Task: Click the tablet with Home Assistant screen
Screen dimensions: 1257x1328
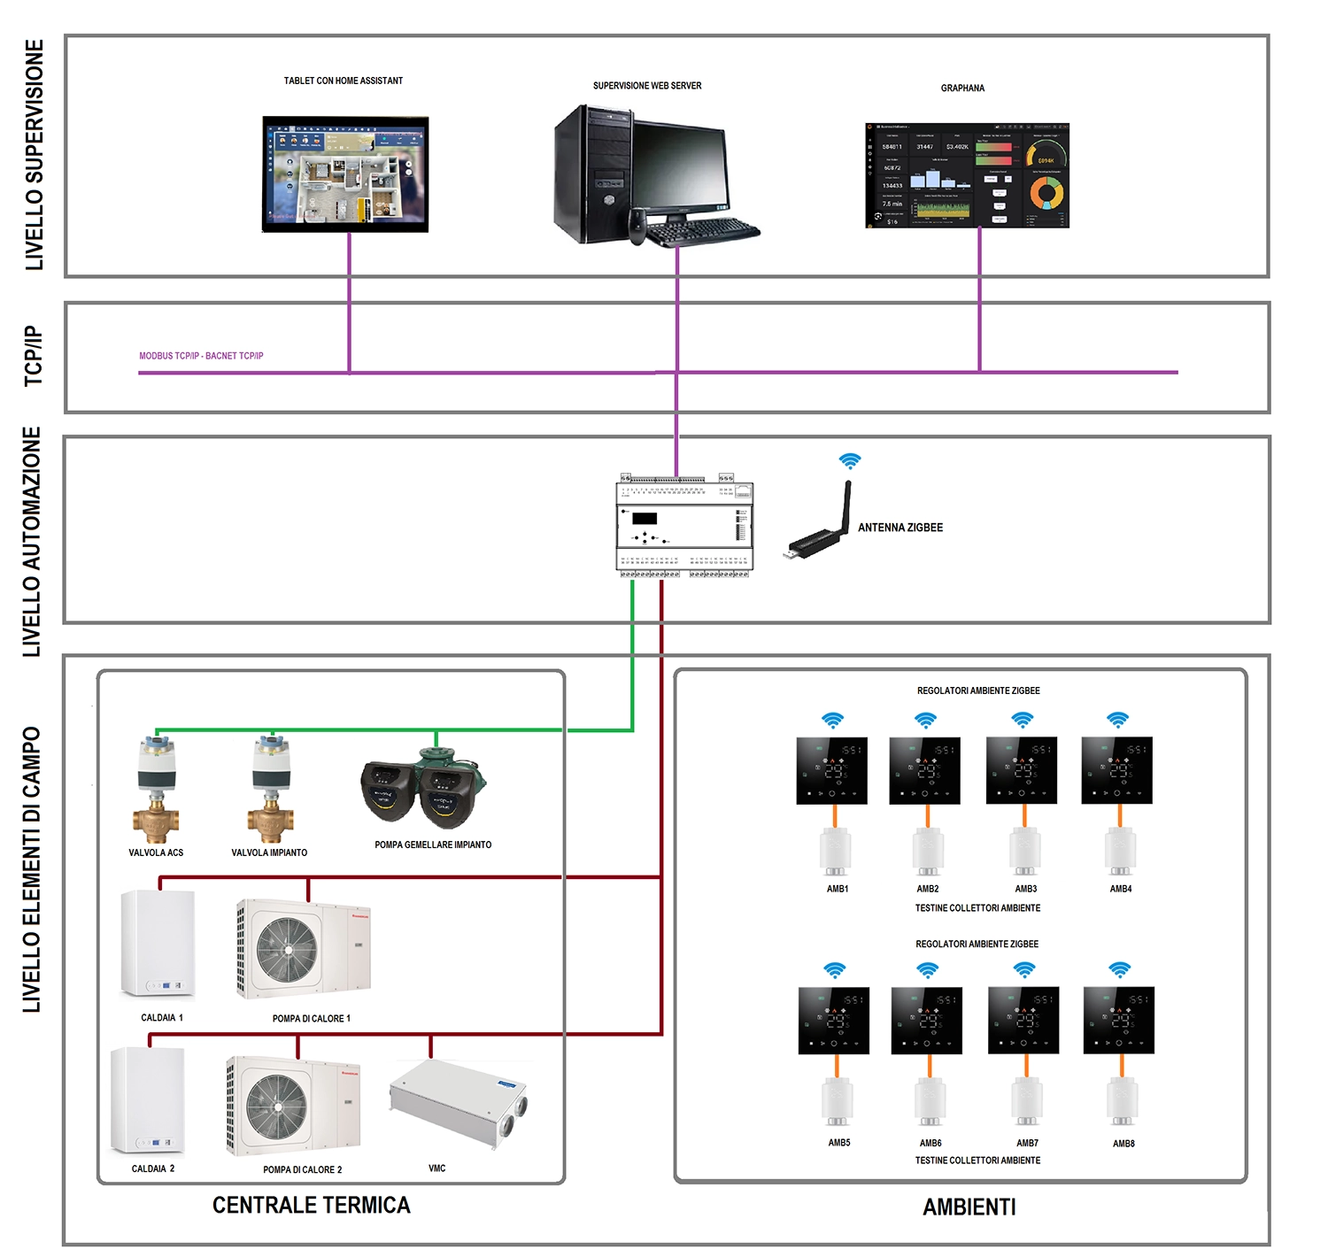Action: tap(345, 174)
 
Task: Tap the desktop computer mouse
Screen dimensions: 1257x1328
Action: tap(637, 227)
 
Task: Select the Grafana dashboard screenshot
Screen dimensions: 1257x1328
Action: tap(967, 175)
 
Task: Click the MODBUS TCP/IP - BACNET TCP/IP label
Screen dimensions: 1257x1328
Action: tap(201, 356)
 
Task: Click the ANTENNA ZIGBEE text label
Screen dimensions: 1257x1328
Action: tap(899, 528)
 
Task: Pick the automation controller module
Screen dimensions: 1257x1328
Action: tap(684, 528)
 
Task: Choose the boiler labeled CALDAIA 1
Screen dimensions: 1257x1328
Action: tap(158, 944)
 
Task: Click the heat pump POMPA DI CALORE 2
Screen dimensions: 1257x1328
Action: tap(293, 1107)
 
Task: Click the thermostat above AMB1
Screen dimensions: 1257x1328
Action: tap(831, 770)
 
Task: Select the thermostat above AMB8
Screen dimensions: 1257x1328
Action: tap(1118, 1020)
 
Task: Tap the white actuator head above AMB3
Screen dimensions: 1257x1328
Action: tap(1025, 851)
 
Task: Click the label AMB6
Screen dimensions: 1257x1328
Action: tap(930, 1143)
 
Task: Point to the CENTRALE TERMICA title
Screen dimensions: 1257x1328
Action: tap(312, 1205)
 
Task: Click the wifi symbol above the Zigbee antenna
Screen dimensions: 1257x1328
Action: tap(850, 460)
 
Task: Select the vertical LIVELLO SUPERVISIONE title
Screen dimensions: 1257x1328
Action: tap(34, 155)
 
